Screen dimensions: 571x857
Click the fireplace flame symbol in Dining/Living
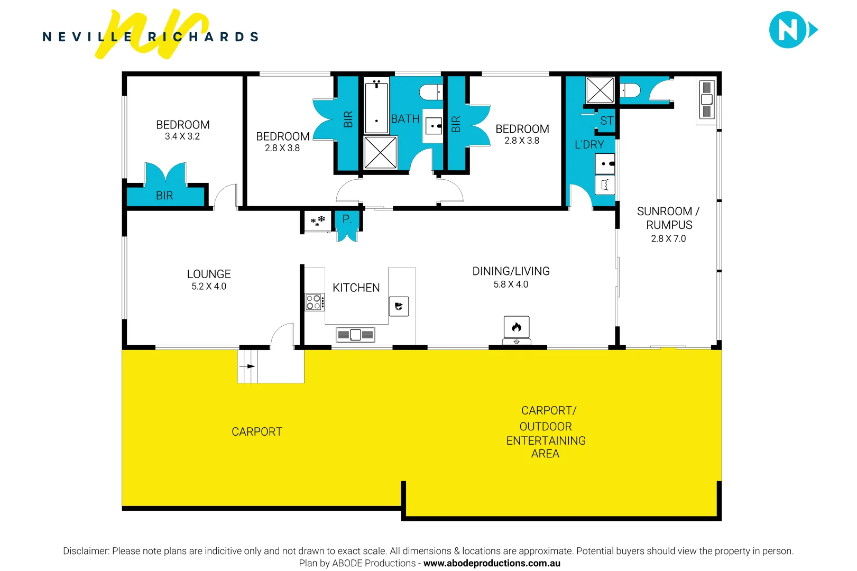517,327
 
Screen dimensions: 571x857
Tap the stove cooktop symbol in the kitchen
314,302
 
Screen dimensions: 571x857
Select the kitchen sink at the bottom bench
355,335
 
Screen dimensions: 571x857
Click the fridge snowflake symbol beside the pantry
318,221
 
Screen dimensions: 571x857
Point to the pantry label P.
347,219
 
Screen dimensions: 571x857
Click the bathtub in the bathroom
376,105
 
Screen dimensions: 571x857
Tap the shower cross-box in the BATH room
380,152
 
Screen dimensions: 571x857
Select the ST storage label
606,121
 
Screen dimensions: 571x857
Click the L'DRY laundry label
589,144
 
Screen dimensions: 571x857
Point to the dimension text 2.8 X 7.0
668,238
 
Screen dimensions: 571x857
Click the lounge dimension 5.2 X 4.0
209,286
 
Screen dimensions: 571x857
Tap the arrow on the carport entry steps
247,366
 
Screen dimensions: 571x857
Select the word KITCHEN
356,288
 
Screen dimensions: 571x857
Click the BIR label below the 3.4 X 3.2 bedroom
164,196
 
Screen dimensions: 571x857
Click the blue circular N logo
788,30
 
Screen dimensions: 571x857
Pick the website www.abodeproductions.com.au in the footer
492,563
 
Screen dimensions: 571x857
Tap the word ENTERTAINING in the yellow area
546,440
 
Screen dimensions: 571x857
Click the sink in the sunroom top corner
706,99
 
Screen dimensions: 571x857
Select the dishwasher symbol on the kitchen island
399,306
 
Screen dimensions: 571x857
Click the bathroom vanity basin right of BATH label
434,126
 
